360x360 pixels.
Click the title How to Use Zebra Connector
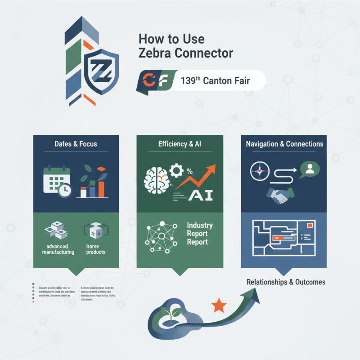pyautogui.click(x=185, y=45)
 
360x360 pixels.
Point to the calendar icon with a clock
pyautogui.click(x=57, y=182)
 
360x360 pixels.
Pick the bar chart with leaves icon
pyautogui.click(x=94, y=182)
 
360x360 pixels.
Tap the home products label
pyautogui.click(x=95, y=249)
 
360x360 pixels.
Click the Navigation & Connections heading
pyautogui.click(x=284, y=144)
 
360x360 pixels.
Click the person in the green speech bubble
pyautogui.click(x=310, y=169)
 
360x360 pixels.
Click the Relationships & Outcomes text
pyautogui.click(x=286, y=282)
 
